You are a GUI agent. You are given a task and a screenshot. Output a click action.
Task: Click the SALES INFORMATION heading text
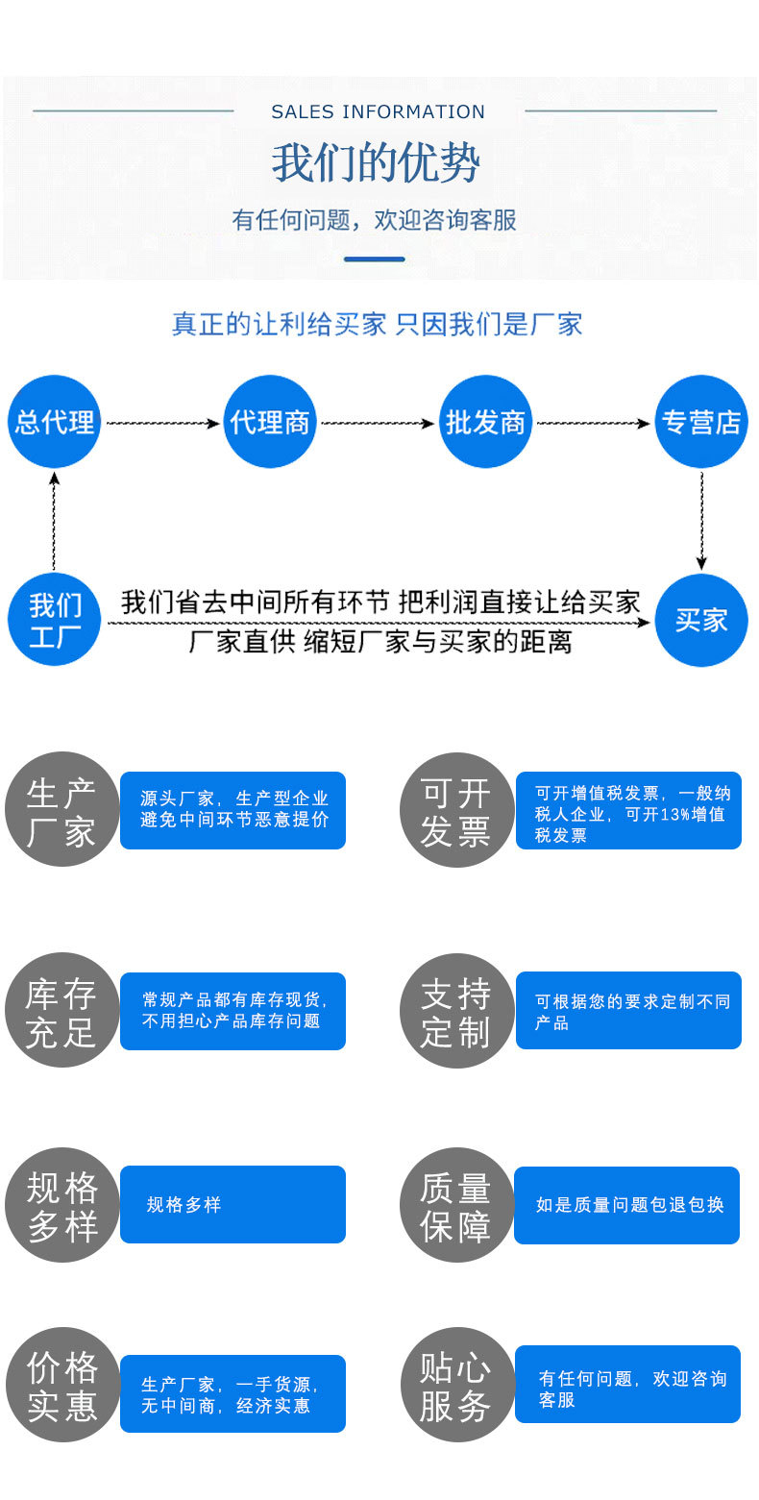point(378,112)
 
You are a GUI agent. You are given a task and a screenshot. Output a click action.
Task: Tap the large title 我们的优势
point(376,163)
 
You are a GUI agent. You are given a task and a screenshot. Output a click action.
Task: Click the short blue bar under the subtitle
point(375,259)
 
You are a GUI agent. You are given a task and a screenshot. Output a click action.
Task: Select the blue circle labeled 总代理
point(55,422)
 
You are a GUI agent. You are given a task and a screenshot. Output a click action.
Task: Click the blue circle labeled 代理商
point(270,422)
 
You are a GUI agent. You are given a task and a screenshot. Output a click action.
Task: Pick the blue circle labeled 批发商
point(486,422)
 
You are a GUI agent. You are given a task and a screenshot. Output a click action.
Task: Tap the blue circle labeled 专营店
point(701,422)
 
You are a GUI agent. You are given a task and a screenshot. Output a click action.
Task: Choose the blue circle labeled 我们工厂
point(55,620)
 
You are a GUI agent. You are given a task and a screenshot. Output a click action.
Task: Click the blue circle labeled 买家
point(701,620)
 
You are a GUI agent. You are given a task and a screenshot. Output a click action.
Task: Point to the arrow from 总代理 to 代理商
point(162,423)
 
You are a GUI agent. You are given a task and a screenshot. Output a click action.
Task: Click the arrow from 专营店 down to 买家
point(701,520)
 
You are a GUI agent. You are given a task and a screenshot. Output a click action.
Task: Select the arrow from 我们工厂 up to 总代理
point(55,520)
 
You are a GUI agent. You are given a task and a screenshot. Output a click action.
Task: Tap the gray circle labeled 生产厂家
point(62,809)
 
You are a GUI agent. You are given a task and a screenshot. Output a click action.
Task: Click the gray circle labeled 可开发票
point(456,810)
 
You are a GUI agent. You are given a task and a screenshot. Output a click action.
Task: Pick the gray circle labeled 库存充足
point(62,1011)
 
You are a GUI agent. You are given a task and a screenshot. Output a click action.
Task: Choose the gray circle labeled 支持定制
point(456,1011)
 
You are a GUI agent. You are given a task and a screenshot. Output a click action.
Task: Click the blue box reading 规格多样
point(233,1204)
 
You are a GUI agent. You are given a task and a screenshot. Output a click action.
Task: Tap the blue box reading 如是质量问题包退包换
point(627,1205)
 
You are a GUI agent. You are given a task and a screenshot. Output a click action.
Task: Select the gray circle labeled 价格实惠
point(62,1385)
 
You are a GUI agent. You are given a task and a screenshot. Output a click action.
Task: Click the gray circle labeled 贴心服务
point(456,1385)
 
